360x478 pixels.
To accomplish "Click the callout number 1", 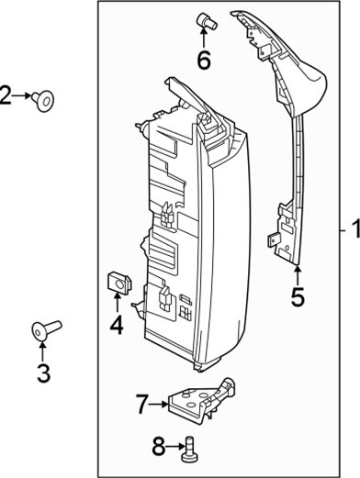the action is [356, 229].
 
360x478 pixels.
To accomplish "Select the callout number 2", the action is [6, 95].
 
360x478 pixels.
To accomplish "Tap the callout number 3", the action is [43, 373].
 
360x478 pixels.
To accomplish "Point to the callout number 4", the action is [117, 325].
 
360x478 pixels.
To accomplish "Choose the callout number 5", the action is [298, 297].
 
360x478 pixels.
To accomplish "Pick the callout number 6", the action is [204, 61].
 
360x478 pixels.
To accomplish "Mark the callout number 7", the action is [142, 405].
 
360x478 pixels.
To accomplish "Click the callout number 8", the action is [159, 447].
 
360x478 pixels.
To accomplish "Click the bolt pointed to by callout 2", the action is [43, 101].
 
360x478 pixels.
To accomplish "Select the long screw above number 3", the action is [46, 329].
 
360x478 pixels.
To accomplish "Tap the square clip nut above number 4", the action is [119, 283].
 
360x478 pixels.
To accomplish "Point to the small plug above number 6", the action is [207, 21].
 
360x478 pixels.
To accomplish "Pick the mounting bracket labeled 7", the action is [202, 401].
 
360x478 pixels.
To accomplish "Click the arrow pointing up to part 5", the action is [298, 277].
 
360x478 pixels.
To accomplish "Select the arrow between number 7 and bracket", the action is [159, 404].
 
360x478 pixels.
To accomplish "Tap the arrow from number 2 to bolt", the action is [22, 95].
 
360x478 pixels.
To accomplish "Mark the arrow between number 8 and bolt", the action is [175, 448].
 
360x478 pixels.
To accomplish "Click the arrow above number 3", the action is [42, 352].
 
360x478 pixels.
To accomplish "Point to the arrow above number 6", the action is [204, 38].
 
